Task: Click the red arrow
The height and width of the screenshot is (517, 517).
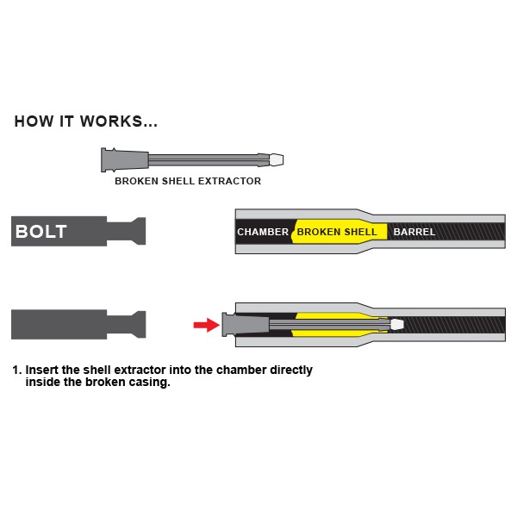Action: pos(207,325)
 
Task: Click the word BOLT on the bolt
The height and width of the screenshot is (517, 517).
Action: pos(41,232)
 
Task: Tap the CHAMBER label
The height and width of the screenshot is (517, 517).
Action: pos(263,232)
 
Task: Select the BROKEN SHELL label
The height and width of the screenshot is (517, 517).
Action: pos(337,232)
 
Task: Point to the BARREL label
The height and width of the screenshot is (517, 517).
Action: pos(414,232)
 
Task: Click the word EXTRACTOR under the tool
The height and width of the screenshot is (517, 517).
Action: pos(229,181)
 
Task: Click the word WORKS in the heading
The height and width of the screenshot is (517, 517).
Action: pos(111,121)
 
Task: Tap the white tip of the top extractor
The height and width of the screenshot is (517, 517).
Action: pos(277,160)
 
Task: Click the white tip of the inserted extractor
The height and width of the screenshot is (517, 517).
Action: pos(397,325)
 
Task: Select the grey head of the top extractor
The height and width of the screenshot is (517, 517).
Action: pos(125,160)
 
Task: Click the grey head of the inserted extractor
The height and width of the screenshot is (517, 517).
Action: pos(246,325)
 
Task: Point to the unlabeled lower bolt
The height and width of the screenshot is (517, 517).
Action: pos(78,325)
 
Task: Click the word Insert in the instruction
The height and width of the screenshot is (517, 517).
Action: pos(42,370)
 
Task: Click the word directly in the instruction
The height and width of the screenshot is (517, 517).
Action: pos(291,371)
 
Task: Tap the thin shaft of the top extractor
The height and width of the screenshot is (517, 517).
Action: pos(203,160)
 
